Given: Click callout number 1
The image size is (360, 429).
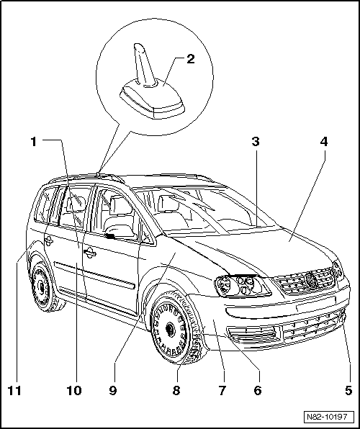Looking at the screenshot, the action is click(34, 142).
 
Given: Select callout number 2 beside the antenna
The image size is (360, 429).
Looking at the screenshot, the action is click(191, 59).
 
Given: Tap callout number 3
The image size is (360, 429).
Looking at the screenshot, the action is click(256, 142).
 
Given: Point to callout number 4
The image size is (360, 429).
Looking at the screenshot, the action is click(324, 142).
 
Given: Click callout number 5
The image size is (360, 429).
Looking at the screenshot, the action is click(348, 390).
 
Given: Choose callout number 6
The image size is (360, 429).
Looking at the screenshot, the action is click(258, 390).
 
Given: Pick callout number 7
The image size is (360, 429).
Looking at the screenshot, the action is click(222, 390).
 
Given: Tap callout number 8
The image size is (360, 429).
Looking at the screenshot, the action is click(176, 390).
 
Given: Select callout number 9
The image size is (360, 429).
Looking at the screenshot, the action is click(113, 390).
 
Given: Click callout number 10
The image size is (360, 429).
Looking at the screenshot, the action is click(74, 390).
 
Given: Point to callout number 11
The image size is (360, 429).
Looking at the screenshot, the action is click(14, 390).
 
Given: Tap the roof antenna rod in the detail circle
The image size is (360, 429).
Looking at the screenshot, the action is click(143, 64).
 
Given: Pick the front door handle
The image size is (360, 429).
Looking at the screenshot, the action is click(90, 253).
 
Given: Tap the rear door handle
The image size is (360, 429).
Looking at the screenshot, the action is click(49, 240).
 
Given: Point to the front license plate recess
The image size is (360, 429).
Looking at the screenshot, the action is click(316, 303).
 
